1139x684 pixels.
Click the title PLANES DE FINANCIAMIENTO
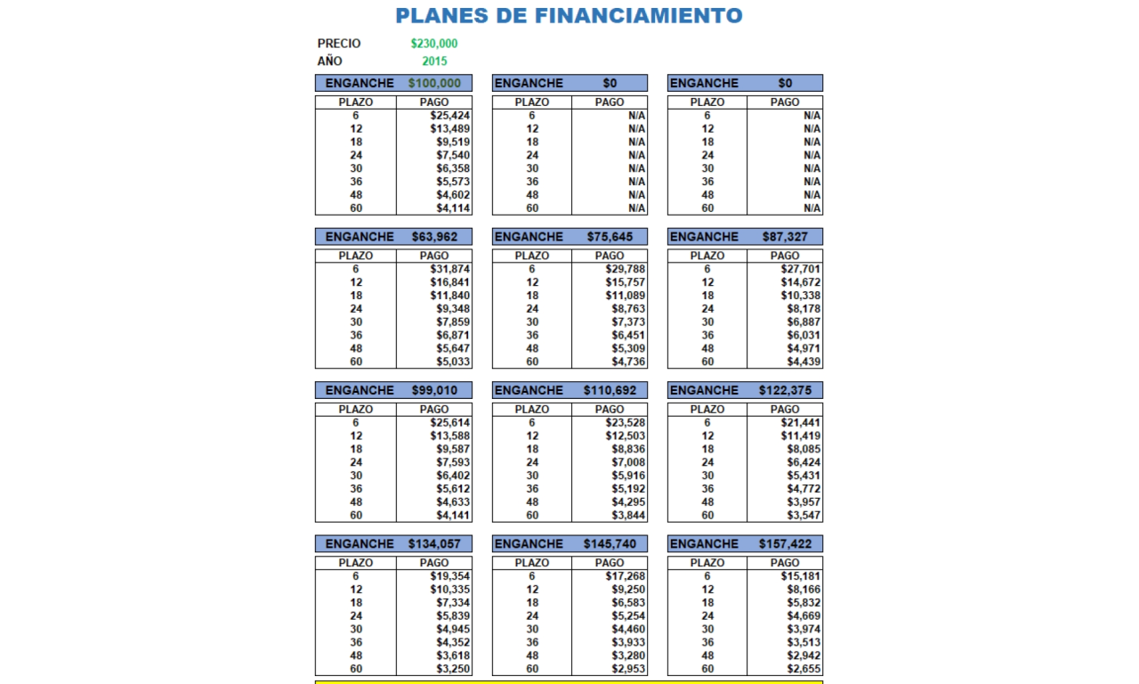coord(569,16)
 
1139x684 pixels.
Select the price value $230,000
coord(434,44)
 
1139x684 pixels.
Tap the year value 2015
coord(434,61)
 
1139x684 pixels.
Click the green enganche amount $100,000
coord(434,83)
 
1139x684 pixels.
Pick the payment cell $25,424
coord(450,116)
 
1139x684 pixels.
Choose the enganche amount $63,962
coord(434,237)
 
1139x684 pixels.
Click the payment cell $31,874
coord(450,269)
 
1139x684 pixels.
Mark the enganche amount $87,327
coord(785,237)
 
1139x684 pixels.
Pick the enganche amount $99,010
coord(434,390)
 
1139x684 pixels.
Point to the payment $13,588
coord(450,436)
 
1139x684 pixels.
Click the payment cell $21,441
coord(801,422)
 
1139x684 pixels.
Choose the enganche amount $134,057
coord(434,543)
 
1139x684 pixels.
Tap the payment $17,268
coord(626,576)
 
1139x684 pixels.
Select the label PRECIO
coord(339,44)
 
